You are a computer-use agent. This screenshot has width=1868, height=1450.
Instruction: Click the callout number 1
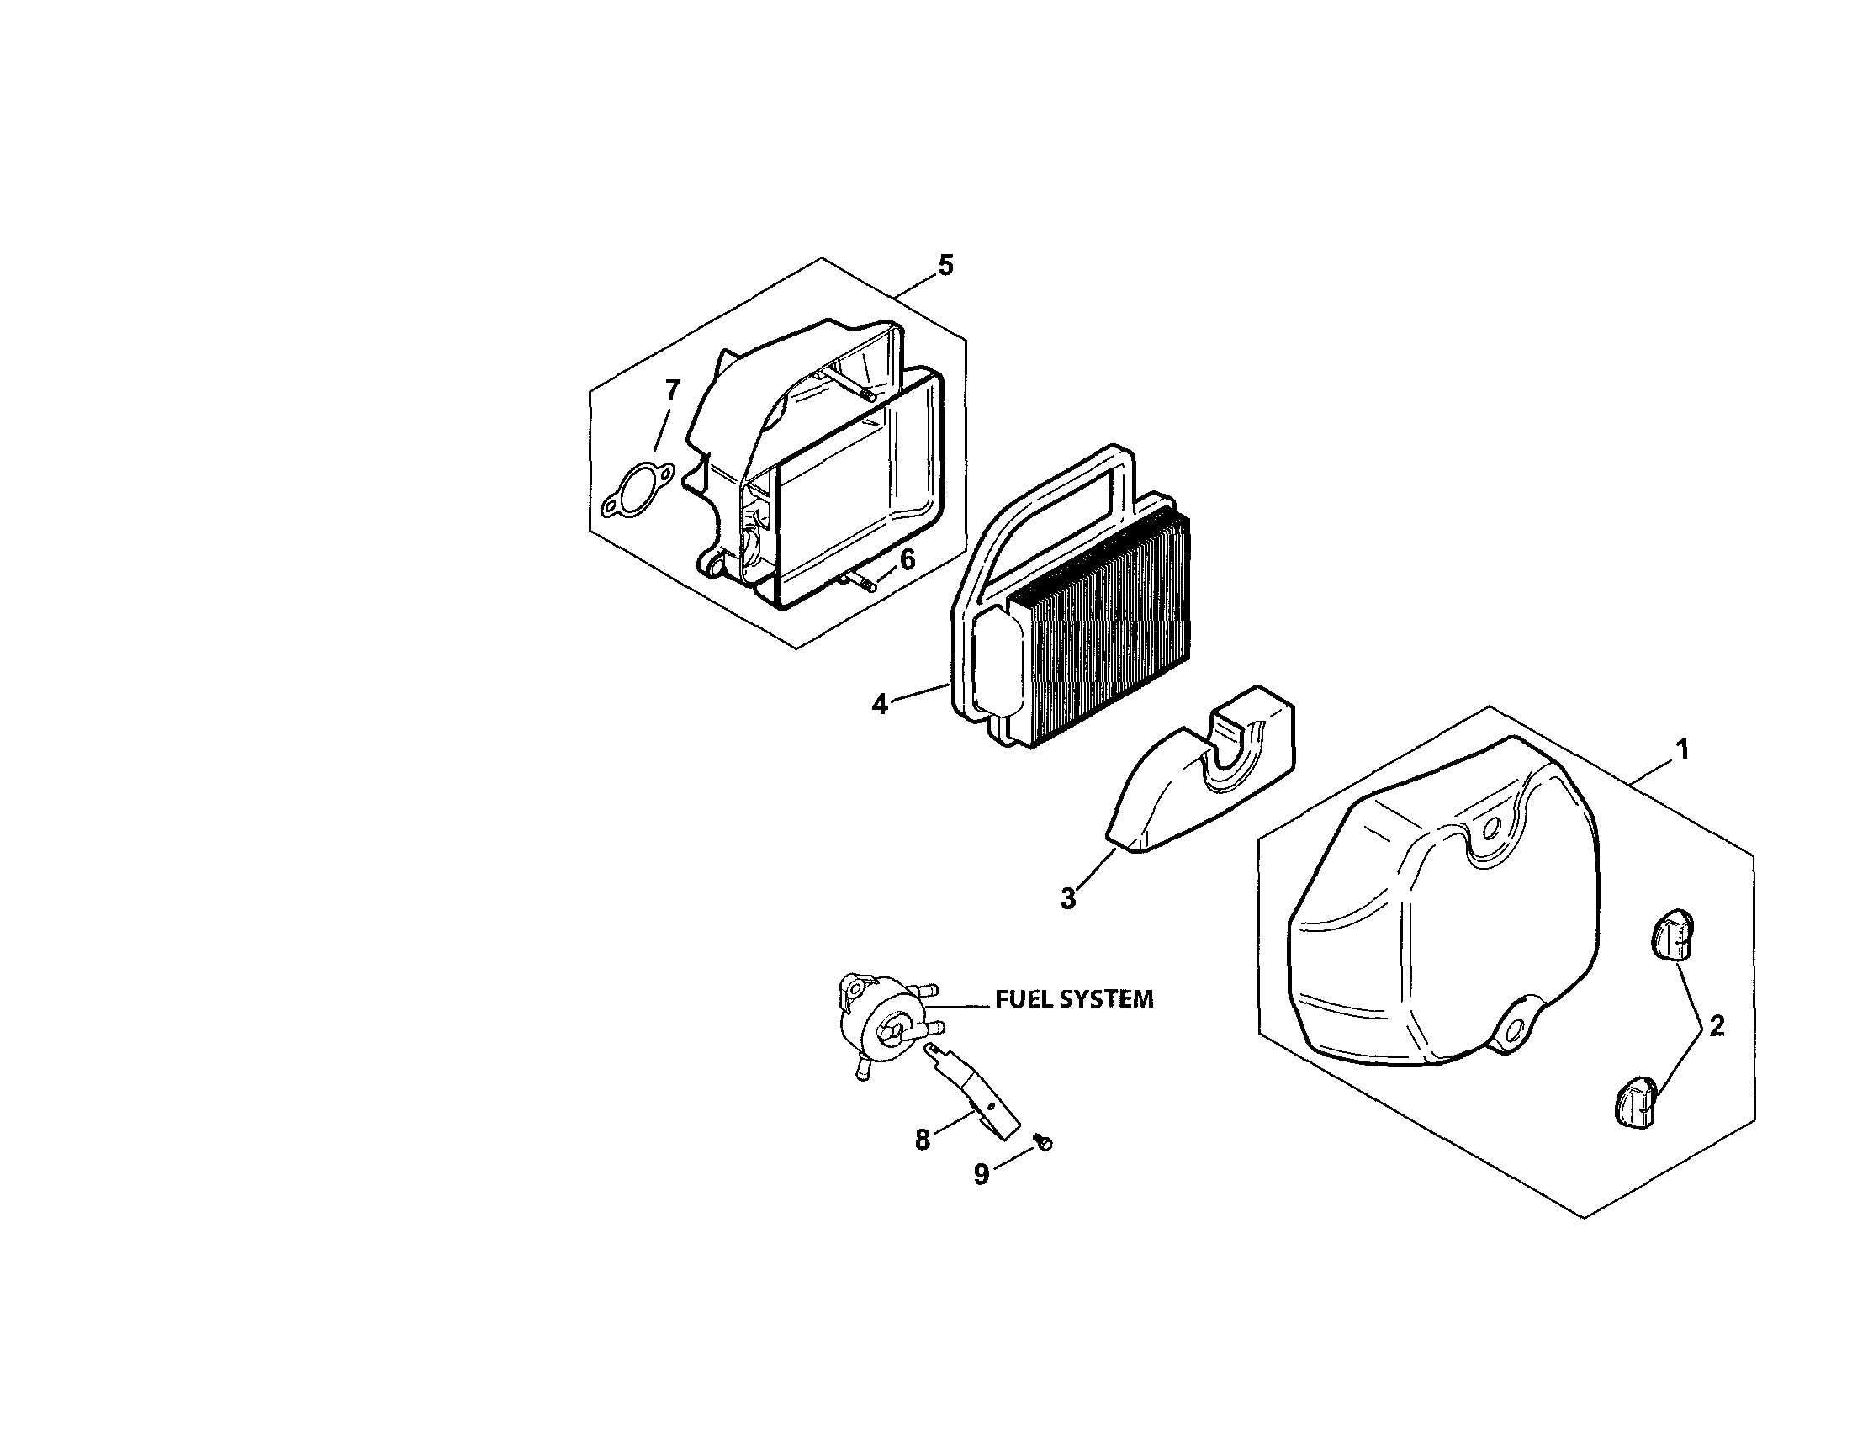coord(1681,750)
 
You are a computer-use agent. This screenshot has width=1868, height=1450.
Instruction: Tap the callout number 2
coord(1716,1026)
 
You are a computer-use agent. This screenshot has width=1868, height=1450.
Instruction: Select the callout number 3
coord(1068,899)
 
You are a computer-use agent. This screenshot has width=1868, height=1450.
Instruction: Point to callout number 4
coord(879,704)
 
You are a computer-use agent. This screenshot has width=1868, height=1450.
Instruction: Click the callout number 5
coord(945,265)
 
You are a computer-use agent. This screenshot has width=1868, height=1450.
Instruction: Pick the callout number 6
coord(907,560)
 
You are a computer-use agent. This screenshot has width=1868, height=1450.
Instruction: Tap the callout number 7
coord(672,392)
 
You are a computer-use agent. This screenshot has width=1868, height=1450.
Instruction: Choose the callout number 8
coord(922,1140)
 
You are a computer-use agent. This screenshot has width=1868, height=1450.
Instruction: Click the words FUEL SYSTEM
coord(1073,998)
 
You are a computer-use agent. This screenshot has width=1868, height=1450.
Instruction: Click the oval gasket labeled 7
coord(637,492)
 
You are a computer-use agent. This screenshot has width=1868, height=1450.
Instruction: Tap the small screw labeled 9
coord(1042,1141)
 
